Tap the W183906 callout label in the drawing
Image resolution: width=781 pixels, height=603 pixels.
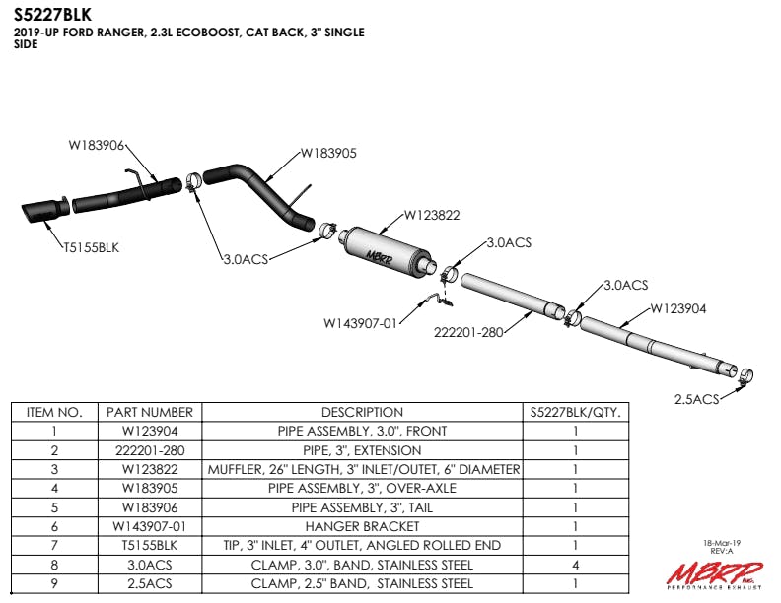(96, 145)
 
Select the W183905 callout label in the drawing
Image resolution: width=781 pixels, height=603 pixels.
(328, 153)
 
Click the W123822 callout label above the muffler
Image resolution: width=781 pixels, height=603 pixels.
(432, 215)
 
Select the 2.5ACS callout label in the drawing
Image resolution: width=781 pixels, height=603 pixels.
(696, 399)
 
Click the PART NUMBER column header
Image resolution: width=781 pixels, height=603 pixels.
(149, 413)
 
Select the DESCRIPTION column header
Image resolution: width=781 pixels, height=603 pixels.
(362, 413)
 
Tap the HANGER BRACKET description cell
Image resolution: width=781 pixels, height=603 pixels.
(362, 527)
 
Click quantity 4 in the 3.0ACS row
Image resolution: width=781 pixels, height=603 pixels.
(575, 566)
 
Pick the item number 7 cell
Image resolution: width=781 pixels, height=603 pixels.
(53, 546)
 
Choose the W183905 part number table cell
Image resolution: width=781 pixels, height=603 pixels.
(149, 489)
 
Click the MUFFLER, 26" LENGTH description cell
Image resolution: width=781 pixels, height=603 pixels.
(362, 470)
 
